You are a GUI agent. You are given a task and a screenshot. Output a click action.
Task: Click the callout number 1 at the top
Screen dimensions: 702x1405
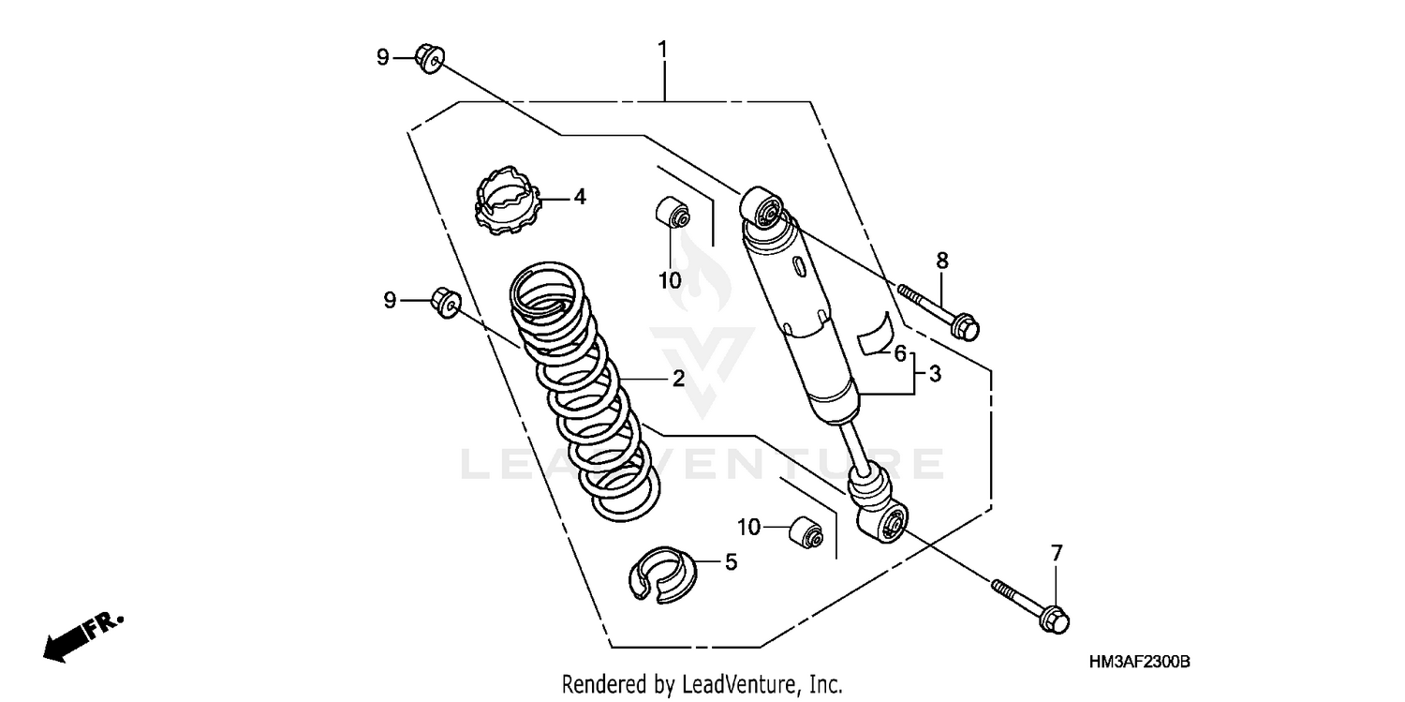pyautogui.click(x=663, y=49)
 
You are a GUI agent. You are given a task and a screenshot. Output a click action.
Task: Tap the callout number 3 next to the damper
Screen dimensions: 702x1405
pyautogui.click(x=935, y=374)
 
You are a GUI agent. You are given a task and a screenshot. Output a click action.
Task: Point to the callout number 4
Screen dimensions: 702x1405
pyautogui.click(x=580, y=198)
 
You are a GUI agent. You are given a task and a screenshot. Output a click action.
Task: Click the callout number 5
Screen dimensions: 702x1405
pyautogui.click(x=731, y=562)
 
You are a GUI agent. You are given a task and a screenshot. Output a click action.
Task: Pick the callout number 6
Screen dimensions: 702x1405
pyautogui.click(x=899, y=354)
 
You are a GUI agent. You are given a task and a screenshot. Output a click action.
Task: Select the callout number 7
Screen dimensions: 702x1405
pyautogui.click(x=1057, y=554)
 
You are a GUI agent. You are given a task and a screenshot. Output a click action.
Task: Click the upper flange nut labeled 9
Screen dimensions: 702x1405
pyautogui.click(x=430, y=58)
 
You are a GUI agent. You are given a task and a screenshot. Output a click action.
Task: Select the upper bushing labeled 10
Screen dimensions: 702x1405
pyautogui.click(x=673, y=213)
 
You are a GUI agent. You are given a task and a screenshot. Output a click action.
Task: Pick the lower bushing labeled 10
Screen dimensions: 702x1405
pyautogui.click(x=806, y=532)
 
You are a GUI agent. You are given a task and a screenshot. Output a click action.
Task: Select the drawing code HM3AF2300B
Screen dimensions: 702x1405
pyautogui.click(x=1139, y=663)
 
